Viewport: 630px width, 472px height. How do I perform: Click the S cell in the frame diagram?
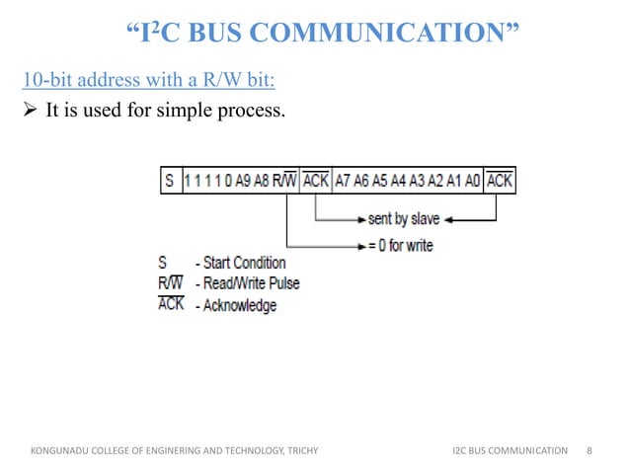170,182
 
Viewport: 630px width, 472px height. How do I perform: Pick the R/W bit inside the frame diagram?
284,182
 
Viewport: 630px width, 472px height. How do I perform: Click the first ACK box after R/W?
317,182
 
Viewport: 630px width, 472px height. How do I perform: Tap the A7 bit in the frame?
344,182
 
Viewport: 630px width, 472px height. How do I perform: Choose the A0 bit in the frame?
472,182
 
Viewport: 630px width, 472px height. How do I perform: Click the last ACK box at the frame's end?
500,182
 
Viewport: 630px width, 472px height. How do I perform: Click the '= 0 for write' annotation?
400,245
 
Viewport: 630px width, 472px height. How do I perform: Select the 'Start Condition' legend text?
246,264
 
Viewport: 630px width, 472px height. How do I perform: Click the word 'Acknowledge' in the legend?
240,305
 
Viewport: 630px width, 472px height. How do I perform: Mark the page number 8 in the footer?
589,450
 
